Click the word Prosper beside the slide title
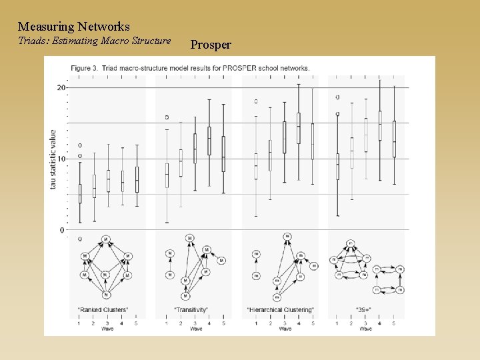[211, 45]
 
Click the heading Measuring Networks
[73, 27]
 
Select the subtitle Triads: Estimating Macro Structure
[94, 41]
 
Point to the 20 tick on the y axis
[61, 87]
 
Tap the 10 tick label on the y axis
[61, 159]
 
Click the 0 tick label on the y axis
[63, 230]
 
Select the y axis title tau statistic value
[53, 159]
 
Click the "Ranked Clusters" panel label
[104, 310]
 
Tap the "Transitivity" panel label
[191, 310]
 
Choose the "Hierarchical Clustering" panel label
[280, 310]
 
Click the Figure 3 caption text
[191, 68]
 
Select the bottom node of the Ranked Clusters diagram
[105, 294]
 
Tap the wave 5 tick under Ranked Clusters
[137, 323]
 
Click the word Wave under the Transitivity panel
[195, 329]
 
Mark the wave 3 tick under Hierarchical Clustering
[285, 323]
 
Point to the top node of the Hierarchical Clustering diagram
[287, 237]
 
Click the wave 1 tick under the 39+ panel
[337, 323]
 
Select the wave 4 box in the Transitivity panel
[209, 141]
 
